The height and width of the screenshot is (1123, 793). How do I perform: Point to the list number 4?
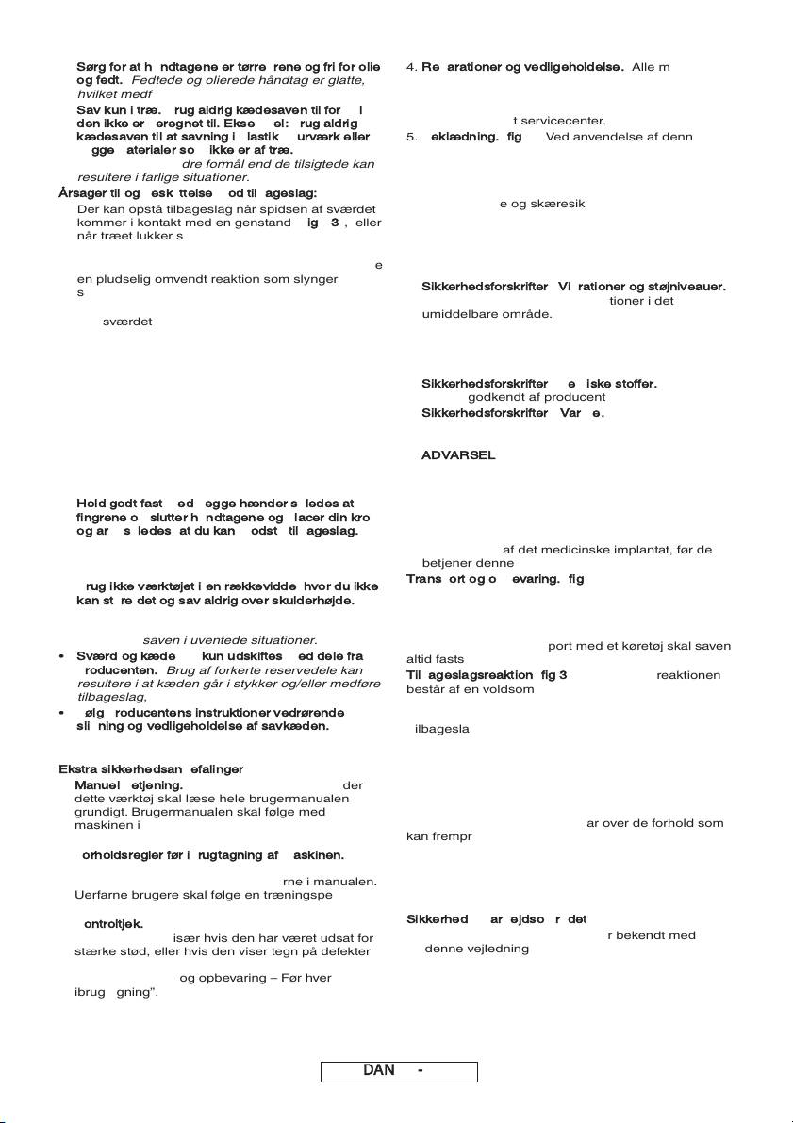coord(410,67)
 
